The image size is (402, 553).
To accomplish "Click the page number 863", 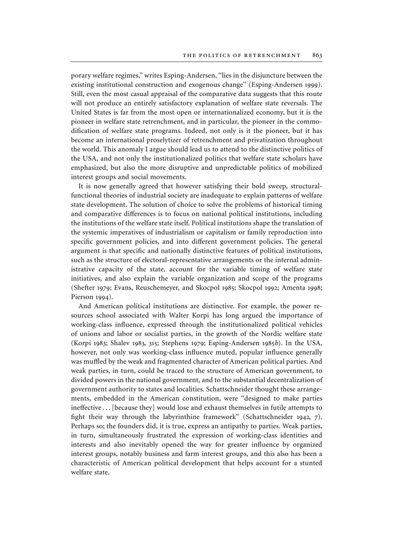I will (317, 55).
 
